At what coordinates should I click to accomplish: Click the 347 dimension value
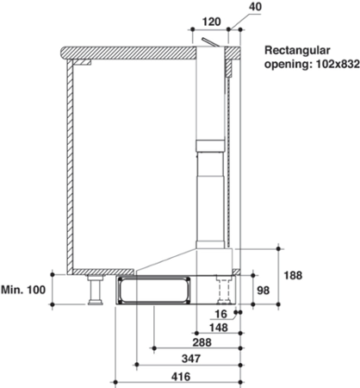coord(180,359)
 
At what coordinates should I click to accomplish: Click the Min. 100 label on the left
coord(23,290)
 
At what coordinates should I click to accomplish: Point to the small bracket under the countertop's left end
coord(84,63)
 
